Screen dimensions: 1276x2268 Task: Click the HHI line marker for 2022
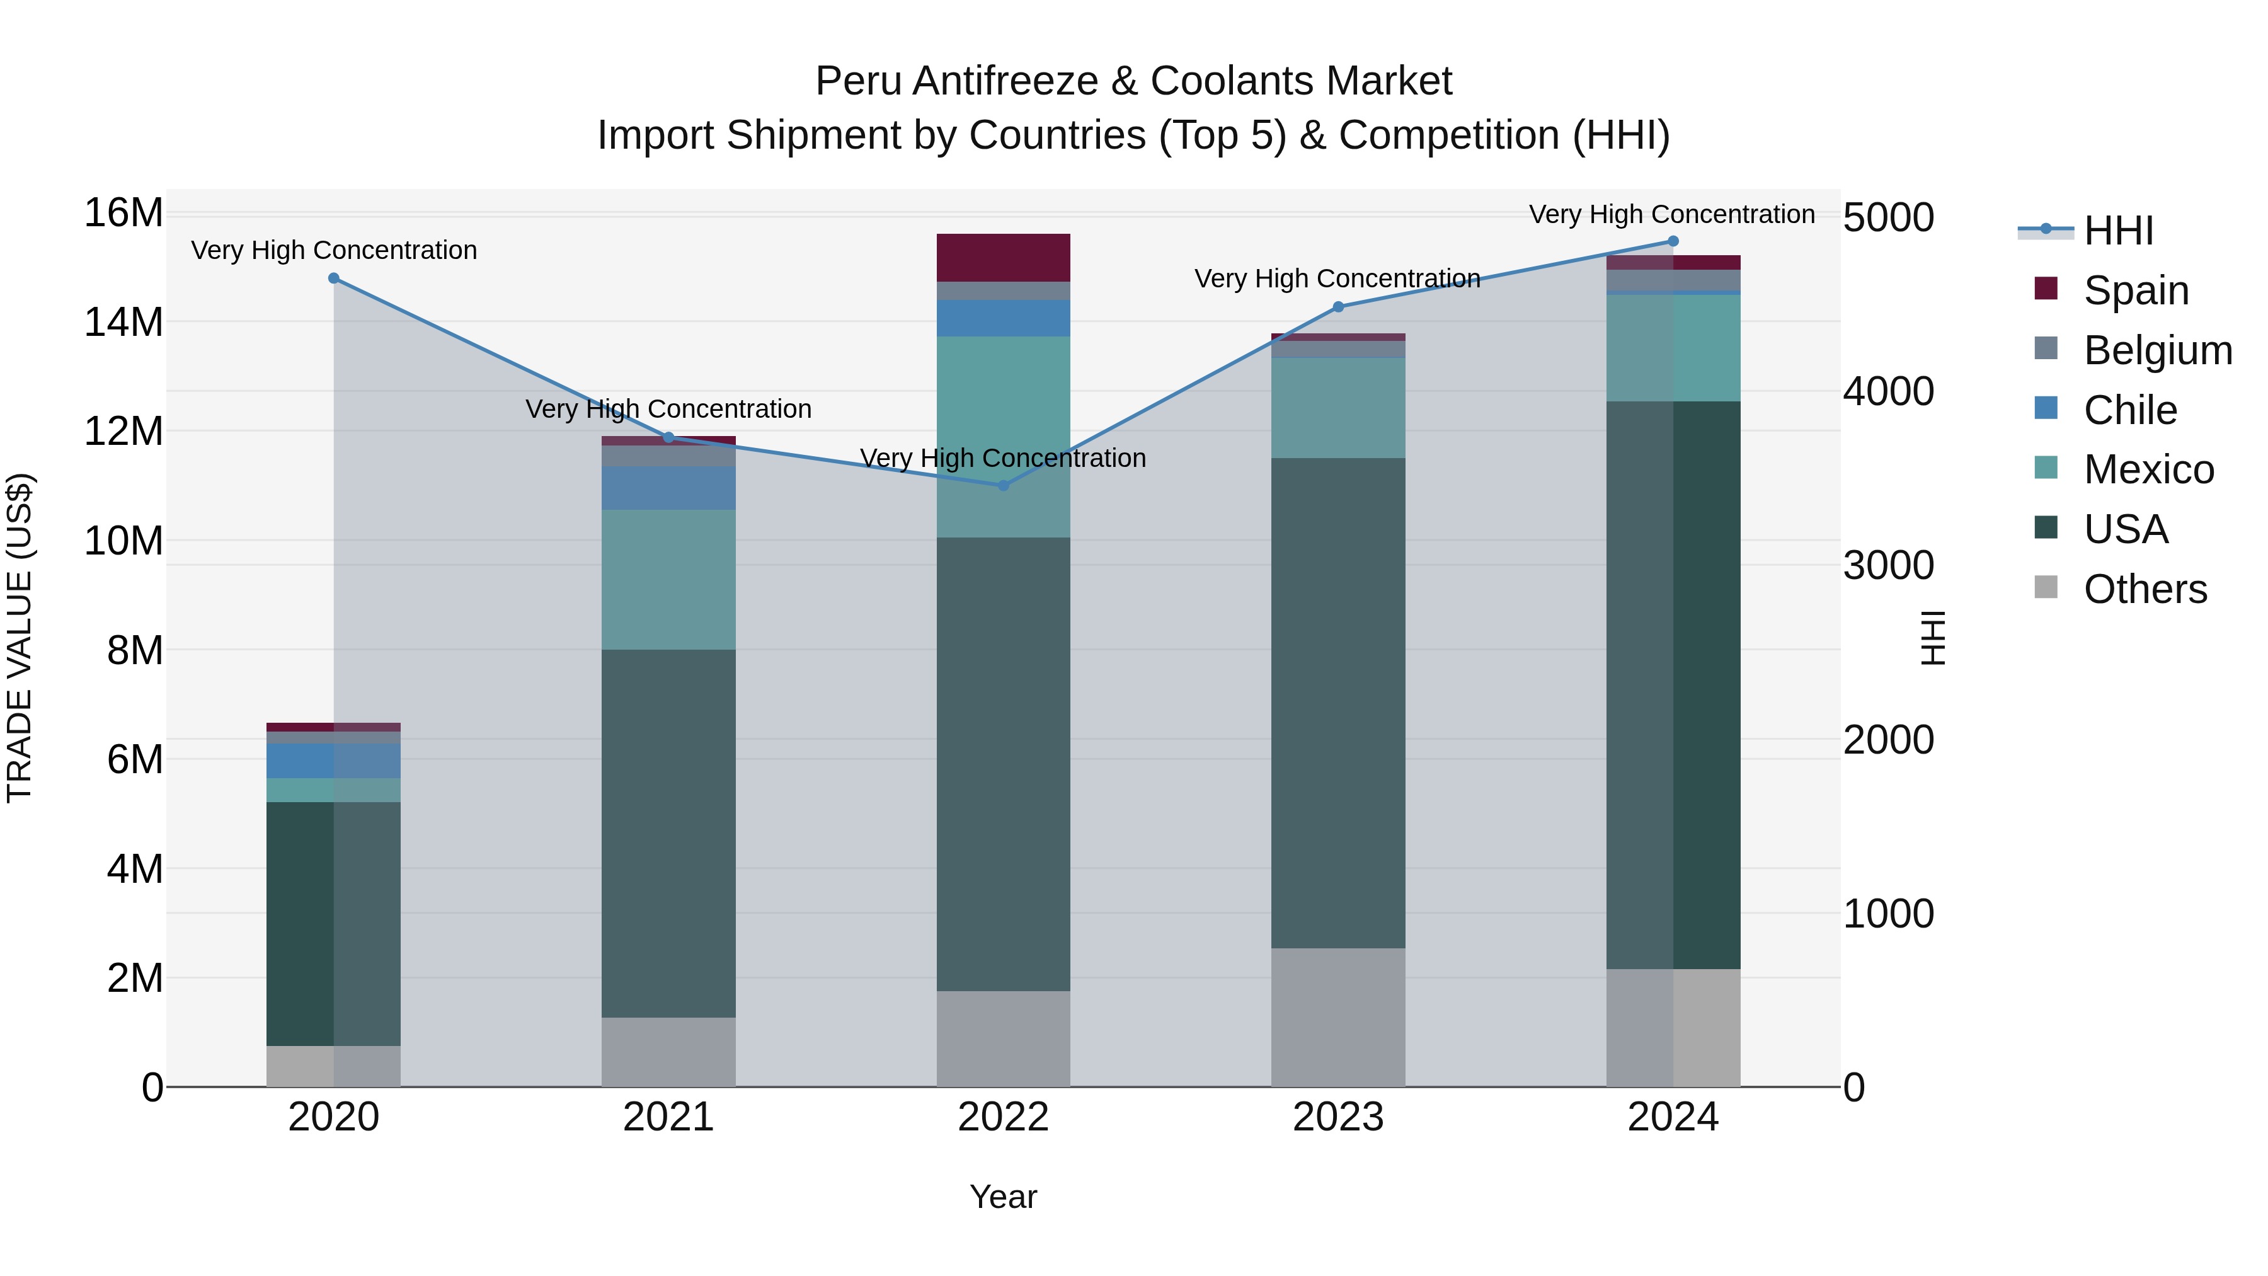[x=1003, y=485]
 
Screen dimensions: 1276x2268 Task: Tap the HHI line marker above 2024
[x=1673, y=241]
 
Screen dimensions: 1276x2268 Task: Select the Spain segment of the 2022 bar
[x=1003, y=257]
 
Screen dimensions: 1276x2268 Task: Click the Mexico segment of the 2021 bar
[x=668, y=580]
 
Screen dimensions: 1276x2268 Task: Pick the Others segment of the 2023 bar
[x=1337, y=1017]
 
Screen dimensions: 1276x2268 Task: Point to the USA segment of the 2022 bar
[x=1003, y=764]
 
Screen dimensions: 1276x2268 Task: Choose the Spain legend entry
[x=2134, y=290]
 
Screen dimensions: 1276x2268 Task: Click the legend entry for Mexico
[x=2148, y=469]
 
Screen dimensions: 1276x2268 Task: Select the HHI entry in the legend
[x=2117, y=231]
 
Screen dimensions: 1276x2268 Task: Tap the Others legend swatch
[x=2046, y=587]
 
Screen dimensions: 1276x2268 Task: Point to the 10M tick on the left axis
[x=123, y=541]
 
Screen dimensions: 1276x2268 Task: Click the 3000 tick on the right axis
[x=1889, y=565]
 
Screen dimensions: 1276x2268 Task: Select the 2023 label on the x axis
[x=1337, y=1117]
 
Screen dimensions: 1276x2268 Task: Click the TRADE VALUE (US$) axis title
[x=20, y=638]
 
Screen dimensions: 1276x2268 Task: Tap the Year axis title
[x=1003, y=1197]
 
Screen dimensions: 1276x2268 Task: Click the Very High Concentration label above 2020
[x=334, y=250]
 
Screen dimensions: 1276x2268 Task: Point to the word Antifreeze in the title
[x=1005, y=81]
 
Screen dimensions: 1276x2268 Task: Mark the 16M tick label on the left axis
[x=123, y=213]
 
